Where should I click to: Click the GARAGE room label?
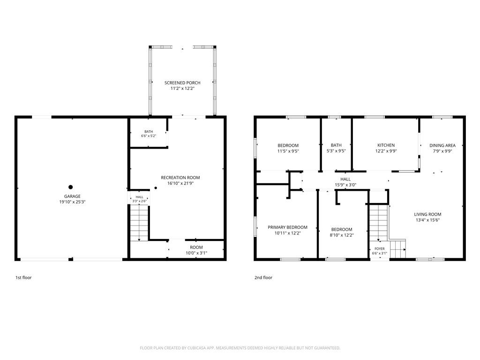(x=72, y=196)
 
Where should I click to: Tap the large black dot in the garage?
(x=71, y=187)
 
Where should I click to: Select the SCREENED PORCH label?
(x=182, y=82)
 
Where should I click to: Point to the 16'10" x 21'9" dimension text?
(x=180, y=183)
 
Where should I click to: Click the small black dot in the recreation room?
(x=156, y=188)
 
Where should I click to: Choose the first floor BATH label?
(x=149, y=132)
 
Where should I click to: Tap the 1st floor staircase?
(x=139, y=223)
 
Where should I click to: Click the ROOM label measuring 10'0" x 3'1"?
(x=196, y=247)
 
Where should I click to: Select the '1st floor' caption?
(x=23, y=277)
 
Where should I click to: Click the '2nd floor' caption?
(x=263, y=277)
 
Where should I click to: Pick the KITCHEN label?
(x=386, y=145)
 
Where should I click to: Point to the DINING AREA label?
(x=442, y=145)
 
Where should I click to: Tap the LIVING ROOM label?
(x=427, y=214)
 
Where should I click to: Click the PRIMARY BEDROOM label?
(x=287, y=227)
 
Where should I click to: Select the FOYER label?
(x=380, y=249)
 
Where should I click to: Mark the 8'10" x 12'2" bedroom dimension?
(x=342, y=235)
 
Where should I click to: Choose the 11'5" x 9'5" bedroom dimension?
(x=288, y=151)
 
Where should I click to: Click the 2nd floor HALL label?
(x=345, y=179)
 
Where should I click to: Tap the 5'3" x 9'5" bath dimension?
(x=336, y=150)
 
